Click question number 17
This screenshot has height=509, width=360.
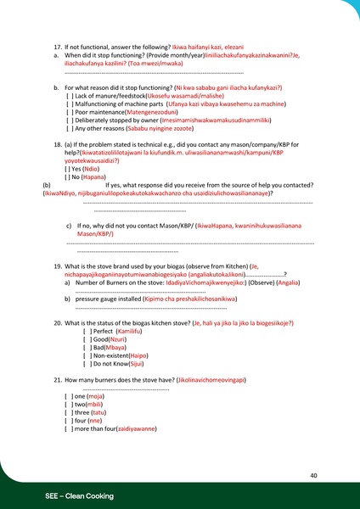click(x=58, y=41)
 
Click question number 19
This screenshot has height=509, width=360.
click(x=58, y=266)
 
